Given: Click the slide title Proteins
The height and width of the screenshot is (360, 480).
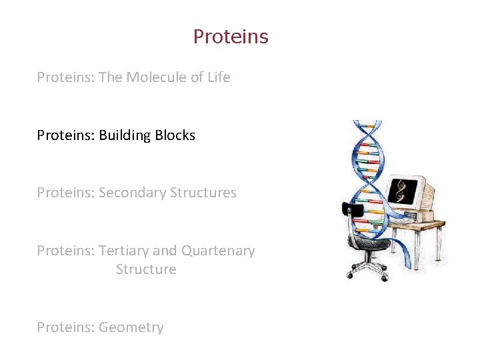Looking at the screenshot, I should click(x=231, y=37).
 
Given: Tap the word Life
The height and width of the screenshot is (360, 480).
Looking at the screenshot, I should click(x=219, y=77).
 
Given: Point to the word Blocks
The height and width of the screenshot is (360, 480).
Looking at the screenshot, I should click(x=175, y=135).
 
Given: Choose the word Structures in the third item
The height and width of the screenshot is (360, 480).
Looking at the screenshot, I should click(x=203, y=193).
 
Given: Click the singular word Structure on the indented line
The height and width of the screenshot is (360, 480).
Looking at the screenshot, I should click(x=146, y=269).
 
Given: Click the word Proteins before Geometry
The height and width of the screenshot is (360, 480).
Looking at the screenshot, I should click(x=65, y=327).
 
